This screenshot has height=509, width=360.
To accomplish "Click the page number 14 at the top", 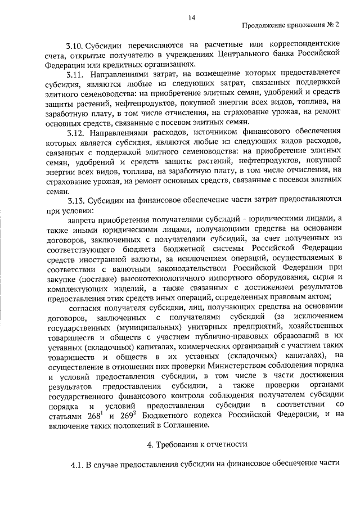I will tap(192, 19).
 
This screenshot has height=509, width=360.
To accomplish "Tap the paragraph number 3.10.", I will tap(75, 43).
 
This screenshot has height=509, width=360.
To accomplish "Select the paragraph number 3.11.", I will tap(75, 73).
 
